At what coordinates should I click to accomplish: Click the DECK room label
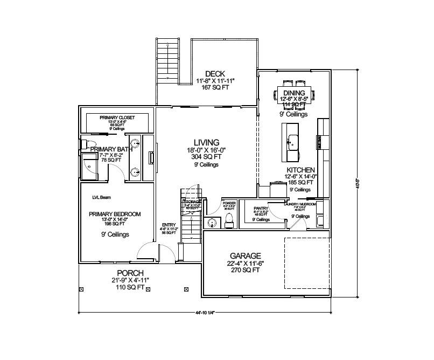pyautogui.click(x=215, y=74)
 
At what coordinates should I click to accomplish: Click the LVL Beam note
pyautogui.click(x=101, y=198)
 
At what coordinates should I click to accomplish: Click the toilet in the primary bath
pyautogui.click(x=84, y=144)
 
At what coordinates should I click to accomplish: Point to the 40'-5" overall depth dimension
pyautogui.click(x=358, y=183)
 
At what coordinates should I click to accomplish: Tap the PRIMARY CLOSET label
pyautogui.click(x=117, y=117)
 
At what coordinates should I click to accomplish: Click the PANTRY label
pyautogui.click(x=261, y=207)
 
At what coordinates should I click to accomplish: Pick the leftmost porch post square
pyautogui.click(x=81, y=289)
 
